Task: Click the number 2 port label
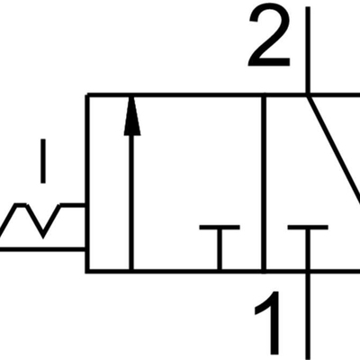point(269,37)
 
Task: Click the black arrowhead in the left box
point(132,116)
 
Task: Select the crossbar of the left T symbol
point(220,227)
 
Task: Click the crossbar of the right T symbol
point(308,227)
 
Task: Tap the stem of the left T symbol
point(220,249)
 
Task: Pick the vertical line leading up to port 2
point(308,49)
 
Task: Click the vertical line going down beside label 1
point(308,315)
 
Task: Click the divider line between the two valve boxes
point(264,184)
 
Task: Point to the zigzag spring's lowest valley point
point(43,236)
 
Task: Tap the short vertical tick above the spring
point(43,161)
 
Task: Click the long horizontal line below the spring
point(42,248)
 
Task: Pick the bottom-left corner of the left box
point(87,271)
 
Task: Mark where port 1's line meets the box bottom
point(308,271)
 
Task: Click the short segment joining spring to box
point(73,205)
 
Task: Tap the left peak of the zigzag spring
point(20,205)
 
